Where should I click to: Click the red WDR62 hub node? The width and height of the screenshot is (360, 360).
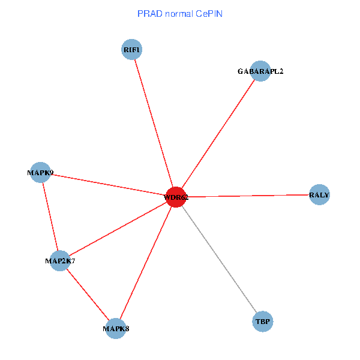point(175,197)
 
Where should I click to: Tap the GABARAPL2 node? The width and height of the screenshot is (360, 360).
point(260,71)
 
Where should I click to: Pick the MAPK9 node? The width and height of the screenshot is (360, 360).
point(40,172)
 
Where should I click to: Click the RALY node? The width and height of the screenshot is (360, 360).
point(319,195)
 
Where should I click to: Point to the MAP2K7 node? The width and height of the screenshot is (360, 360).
point(60,260)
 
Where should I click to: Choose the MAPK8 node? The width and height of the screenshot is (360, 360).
point(115,328)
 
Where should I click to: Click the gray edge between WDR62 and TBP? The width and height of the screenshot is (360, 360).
point(219,259)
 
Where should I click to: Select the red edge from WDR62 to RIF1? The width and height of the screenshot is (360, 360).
point(153,123)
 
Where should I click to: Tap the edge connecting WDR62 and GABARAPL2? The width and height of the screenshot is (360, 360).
point(217,134)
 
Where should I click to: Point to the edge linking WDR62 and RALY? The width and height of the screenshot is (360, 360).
point(247,196)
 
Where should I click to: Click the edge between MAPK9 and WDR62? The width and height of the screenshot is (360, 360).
point(107,184)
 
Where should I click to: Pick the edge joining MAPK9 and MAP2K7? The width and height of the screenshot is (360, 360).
point(50,216)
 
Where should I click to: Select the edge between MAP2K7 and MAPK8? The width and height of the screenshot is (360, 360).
point(88,294)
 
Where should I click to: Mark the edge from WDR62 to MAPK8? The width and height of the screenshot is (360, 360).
point(145,262)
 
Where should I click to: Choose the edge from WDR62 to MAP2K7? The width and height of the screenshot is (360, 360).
point(118,229)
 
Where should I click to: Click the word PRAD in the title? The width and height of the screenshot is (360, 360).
point(148,13)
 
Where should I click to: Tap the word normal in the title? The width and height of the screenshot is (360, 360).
point(177,13)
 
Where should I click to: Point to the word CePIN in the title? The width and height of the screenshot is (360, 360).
point(209,13)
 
